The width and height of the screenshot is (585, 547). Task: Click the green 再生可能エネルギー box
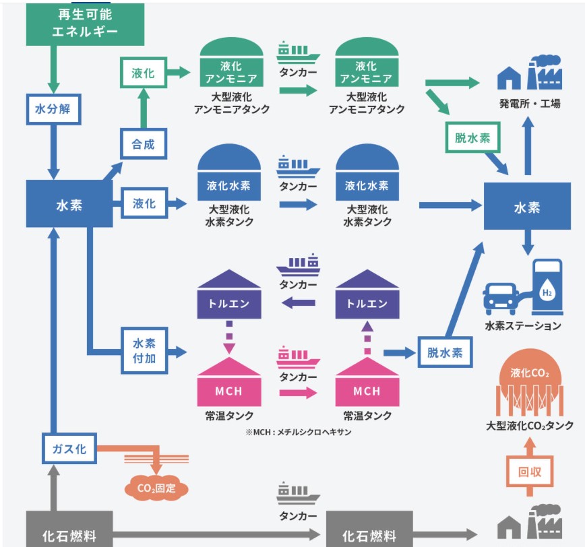point(84,24)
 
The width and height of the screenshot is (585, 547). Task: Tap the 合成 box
point(143,143)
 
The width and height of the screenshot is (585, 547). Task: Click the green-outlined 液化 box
point(143,73)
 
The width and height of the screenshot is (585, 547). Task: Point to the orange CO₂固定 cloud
point(156,488)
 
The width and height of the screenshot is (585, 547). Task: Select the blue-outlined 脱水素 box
point(445,352)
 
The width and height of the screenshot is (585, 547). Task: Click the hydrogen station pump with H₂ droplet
point(547,288)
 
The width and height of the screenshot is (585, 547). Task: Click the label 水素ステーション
point(522,326)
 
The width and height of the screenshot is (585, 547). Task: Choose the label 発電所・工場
point(529,104)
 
